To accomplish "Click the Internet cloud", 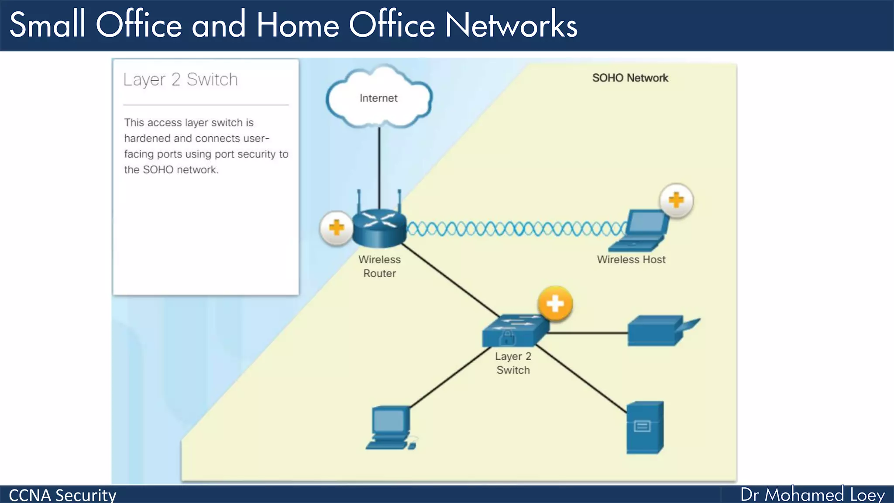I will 379,97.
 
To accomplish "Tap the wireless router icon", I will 379,227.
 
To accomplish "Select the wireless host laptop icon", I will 640,231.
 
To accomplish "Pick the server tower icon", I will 645,428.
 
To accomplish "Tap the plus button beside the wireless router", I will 336,227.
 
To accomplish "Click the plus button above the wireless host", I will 676,200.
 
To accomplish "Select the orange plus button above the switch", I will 555,303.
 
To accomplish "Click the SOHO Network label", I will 630,78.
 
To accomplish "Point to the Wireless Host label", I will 631,259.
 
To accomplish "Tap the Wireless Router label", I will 379,266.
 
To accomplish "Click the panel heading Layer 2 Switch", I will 181,79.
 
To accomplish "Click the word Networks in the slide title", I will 511,25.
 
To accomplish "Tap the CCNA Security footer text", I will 62,495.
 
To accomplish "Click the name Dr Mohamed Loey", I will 812,495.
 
